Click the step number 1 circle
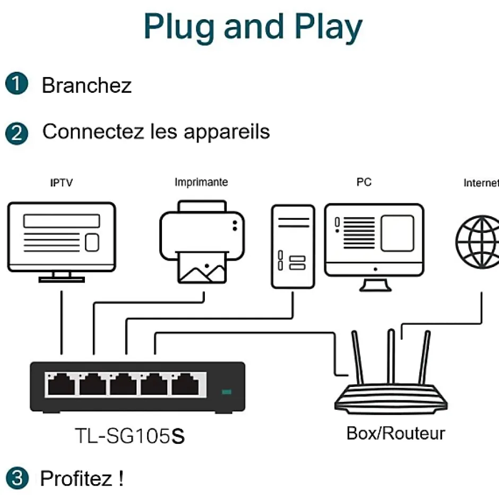[x=17, y=85]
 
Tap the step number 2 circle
[x=17, y=133]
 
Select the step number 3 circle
[x=17, y=478]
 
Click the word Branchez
[x=87, y=85]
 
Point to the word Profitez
[x=75, y=478]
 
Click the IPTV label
[x=62, y=183]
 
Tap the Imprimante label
[x=201, y=182]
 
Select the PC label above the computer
[x=364, y=182]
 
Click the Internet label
[x=481, y=183]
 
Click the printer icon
[x=202, y=242]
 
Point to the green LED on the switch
[x=227, y=392]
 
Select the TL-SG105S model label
[x=130, y=436]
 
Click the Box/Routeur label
[x=395, y=433]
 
